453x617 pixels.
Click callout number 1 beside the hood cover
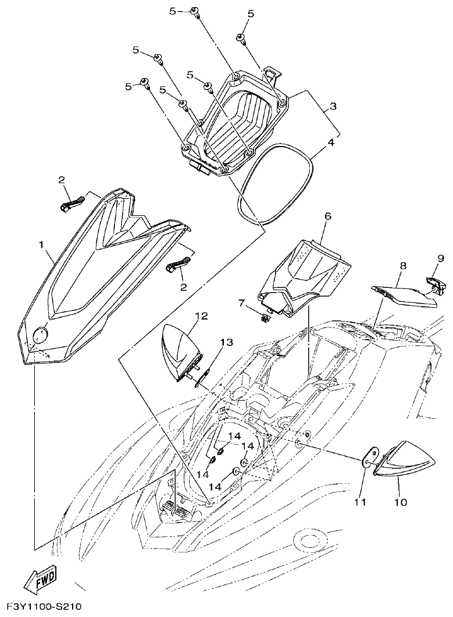41,245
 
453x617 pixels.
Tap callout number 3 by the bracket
332,107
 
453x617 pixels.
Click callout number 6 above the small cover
327,216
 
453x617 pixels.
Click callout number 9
441,258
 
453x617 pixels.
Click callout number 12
201,316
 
